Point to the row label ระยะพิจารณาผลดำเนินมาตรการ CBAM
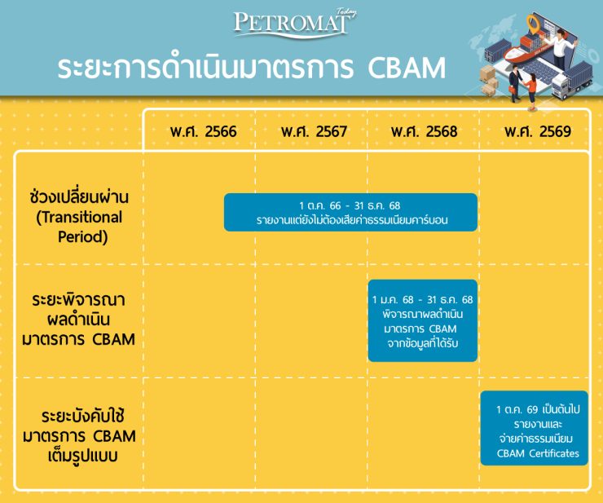coord(79,319)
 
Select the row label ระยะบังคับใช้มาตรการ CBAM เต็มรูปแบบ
coord(79,434)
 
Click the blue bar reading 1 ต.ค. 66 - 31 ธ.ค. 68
coord(350,212)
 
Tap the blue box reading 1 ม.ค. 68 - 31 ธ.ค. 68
coord(421,320)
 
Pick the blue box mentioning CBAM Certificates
coord(533,429)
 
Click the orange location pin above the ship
coord(533,24)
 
